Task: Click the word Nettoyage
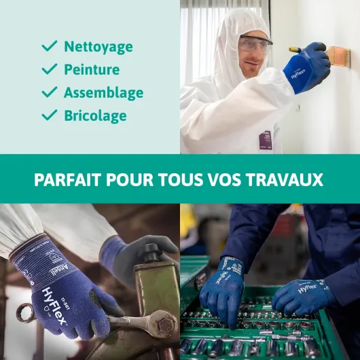(x=98, y=47)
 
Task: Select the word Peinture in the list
(x=92, y=69)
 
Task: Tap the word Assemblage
(x=104, y=93)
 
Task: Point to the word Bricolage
(x=95, y=116)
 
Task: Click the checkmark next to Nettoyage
(x=50, y=46)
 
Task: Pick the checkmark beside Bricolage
(x=50, y=115)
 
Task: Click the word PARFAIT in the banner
(x=68, y=180)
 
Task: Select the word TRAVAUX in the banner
(x=285, y=180)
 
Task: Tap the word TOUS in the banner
(x=181, y=180)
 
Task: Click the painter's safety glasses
(x=255, y=43)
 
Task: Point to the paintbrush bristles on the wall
(x=339, y=56)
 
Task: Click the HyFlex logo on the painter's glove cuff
(x=298, y=73)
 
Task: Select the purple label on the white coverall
(x=266, y=140)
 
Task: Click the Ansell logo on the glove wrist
(x=59, y=269)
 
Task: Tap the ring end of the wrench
(x=25, y=313)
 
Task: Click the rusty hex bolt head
(x=166, y=325)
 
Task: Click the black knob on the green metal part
(x=151, y=253)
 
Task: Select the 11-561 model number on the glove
(x=65, y=304)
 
